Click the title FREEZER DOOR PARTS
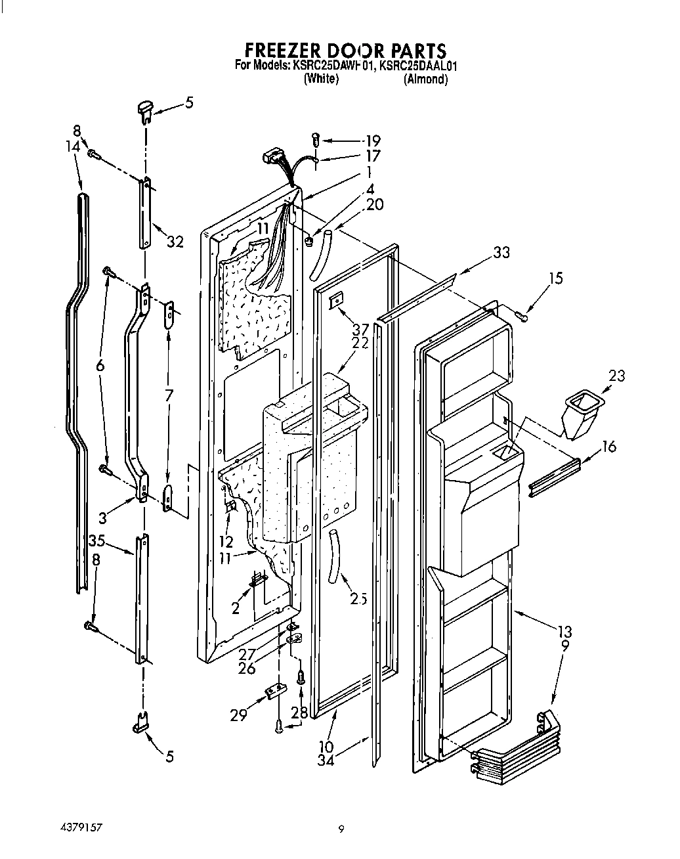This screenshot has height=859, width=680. click(x=345, y=51)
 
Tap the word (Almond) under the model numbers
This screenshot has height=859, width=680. click(x=425, y=79)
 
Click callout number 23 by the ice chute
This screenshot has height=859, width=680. click(x=616, y=376)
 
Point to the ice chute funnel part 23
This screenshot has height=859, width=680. click(x=581, y=414)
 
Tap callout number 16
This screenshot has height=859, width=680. click(x=608, y=447)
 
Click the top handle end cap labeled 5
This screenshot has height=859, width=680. click(x=144, y=110)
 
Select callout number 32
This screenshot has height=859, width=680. click(x=175, y=242)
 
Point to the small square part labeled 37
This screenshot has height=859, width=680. click(x=335, y=300)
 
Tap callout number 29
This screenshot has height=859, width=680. click(x=238, y=715)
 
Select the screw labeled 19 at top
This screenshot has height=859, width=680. click(x=316, y=139)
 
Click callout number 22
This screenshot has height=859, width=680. click(x=358, y=342)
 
